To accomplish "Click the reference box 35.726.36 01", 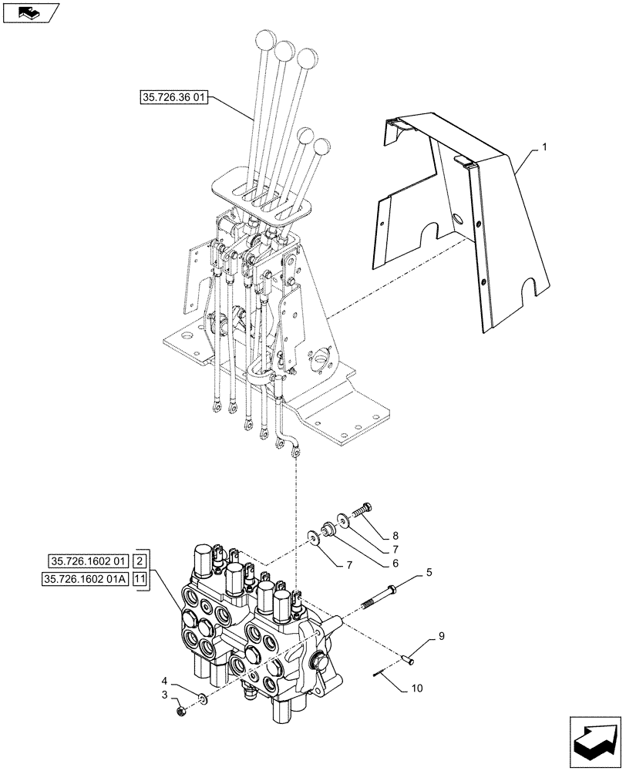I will point(174,98).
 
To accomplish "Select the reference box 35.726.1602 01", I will point(89,561).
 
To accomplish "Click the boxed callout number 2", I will point(142,561).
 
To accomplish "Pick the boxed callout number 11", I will point(142,580).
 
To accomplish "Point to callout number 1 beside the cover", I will point(544,146).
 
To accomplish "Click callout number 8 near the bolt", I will point(395,535).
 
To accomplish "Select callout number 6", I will point(395,563).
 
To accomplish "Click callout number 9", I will point(442,636).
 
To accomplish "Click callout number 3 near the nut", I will point(165,695).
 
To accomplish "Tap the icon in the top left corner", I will point(31,12).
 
